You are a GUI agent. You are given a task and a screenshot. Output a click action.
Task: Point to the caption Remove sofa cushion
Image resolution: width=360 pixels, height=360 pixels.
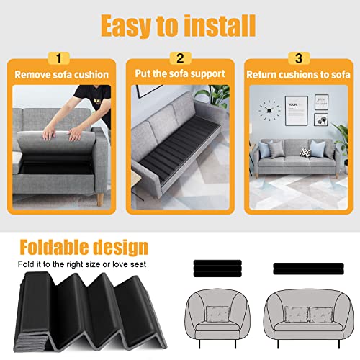[63, 73]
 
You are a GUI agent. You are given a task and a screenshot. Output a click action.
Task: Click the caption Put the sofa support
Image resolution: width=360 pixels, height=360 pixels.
[180, 73]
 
